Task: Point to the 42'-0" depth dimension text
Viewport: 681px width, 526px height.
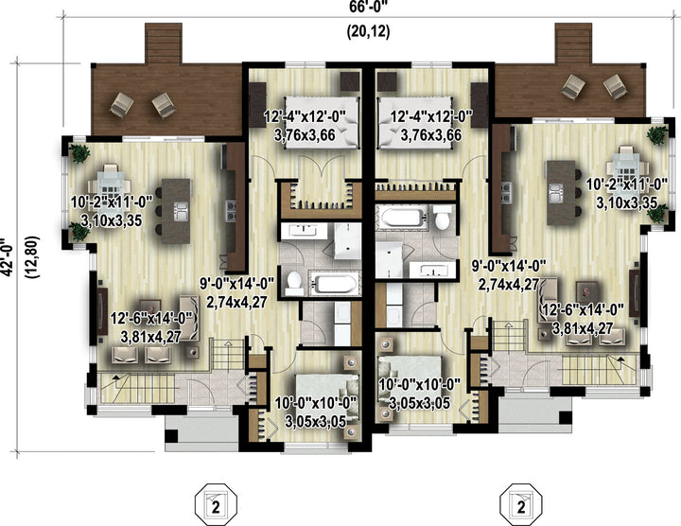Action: (x=7, y=256)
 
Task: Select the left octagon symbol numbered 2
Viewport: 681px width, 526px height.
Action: (x=216, y=506)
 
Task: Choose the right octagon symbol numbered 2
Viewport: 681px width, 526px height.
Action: (x=521, y=506)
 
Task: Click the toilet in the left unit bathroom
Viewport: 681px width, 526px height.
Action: (x=294, y=282)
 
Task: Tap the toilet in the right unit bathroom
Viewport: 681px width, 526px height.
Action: (x=443, y=218)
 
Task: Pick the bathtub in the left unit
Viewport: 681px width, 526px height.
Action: (x=334, y=283)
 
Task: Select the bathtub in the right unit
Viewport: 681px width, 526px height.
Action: (x=405, y=216)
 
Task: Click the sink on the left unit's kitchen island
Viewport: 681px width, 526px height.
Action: (x=181, y=211)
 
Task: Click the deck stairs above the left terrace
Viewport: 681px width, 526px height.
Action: (x=163, y=43)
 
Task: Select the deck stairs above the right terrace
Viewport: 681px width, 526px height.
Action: (x=573, y=43)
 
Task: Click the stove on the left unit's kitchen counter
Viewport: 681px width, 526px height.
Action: (x=231, y=209)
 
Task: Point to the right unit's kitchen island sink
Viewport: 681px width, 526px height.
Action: (x=556, y=193)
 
